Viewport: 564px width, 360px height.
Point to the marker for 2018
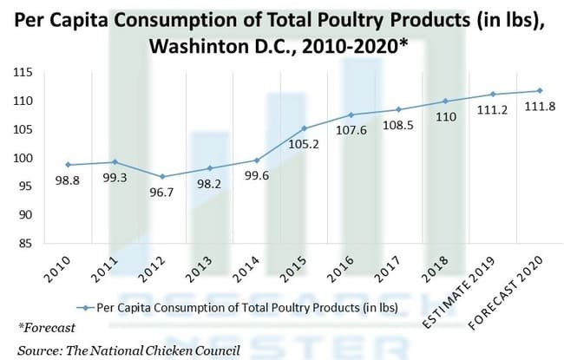[x=445, y=101]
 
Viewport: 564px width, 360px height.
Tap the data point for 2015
[x=304, y=128]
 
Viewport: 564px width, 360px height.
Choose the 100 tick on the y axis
[x=23, y=158]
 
